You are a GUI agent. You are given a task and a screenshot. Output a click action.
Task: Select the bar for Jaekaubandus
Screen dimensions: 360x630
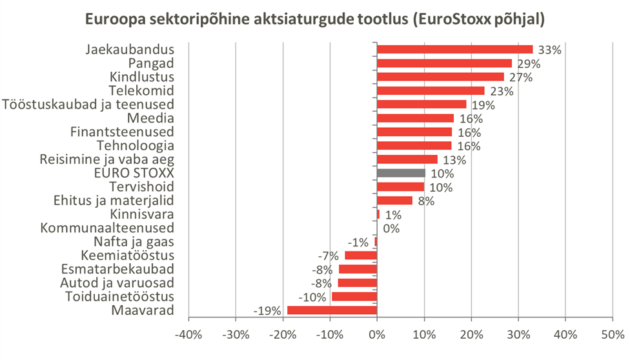click(454, 50)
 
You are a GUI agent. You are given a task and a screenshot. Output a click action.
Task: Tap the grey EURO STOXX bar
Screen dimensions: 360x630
click(401, 174)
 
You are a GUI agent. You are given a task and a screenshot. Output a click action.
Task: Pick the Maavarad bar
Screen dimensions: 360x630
click(332, 310)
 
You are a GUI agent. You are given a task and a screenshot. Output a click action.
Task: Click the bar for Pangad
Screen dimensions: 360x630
click(444, 63)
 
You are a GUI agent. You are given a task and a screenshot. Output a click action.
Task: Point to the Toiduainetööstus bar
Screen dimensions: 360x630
click(354, 297)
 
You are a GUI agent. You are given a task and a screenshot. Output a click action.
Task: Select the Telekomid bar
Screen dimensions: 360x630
click(431, 91)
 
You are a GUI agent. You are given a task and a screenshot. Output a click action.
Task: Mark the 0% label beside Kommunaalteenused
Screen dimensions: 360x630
click(391, 228)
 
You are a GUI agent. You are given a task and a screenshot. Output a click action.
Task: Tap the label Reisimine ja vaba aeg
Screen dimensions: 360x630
click(107, 159)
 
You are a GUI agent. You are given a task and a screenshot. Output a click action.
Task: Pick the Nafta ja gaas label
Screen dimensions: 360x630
click(134, 242)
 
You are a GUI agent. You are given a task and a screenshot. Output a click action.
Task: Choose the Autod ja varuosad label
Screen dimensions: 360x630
click(117, 283)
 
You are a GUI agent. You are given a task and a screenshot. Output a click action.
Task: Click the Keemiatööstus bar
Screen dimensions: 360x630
click(361, 255)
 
